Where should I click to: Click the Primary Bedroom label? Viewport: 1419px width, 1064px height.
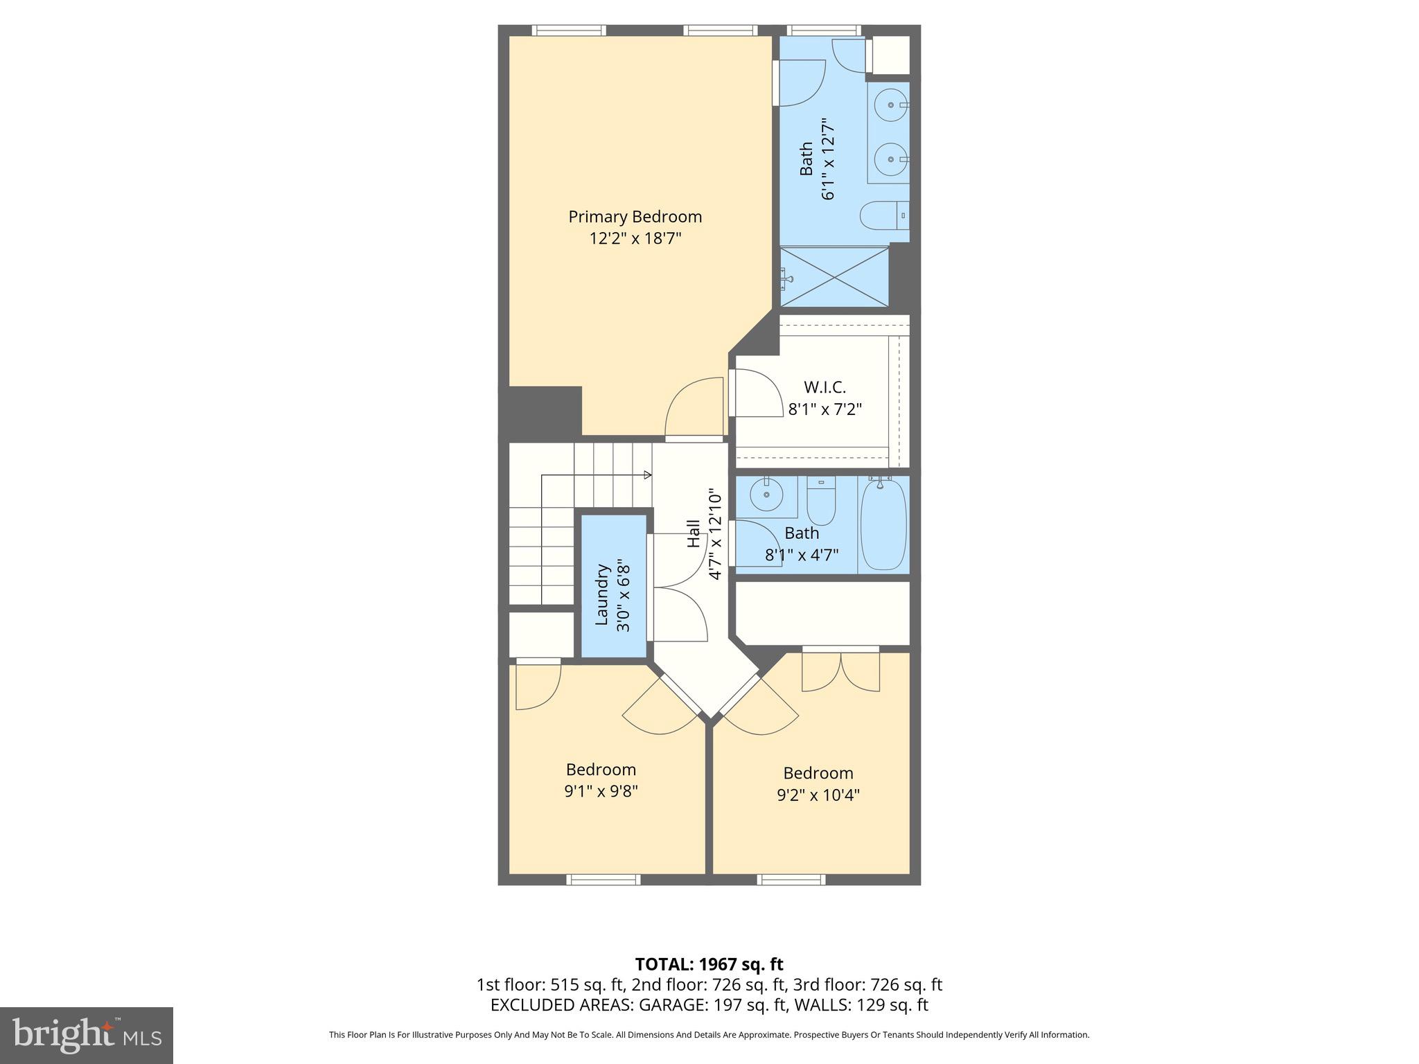[635, 217]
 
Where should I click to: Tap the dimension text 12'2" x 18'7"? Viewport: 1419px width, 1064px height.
[635, 239]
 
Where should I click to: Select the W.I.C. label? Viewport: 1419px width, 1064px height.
[825, 387]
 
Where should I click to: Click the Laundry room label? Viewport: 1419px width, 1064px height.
[601, 594]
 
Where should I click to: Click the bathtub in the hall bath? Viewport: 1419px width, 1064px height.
[883, 524]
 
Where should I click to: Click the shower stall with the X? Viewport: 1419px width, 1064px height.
[834, 276]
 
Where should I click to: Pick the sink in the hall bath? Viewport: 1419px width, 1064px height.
[766, 495]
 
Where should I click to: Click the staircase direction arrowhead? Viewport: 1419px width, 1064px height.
[648, 475]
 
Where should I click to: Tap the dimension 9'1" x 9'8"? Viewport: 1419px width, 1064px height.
[601, 791]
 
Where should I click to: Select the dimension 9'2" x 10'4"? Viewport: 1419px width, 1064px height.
[818, 795]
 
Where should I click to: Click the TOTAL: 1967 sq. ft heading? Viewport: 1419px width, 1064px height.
[709, 964]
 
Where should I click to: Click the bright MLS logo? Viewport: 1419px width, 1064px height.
[87, 1035]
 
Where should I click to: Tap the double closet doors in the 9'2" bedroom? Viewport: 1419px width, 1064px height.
[840, 671]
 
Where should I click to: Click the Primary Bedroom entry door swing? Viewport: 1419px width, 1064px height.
[693, 409]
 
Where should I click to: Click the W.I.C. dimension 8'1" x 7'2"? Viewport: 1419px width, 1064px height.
[825, 409]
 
